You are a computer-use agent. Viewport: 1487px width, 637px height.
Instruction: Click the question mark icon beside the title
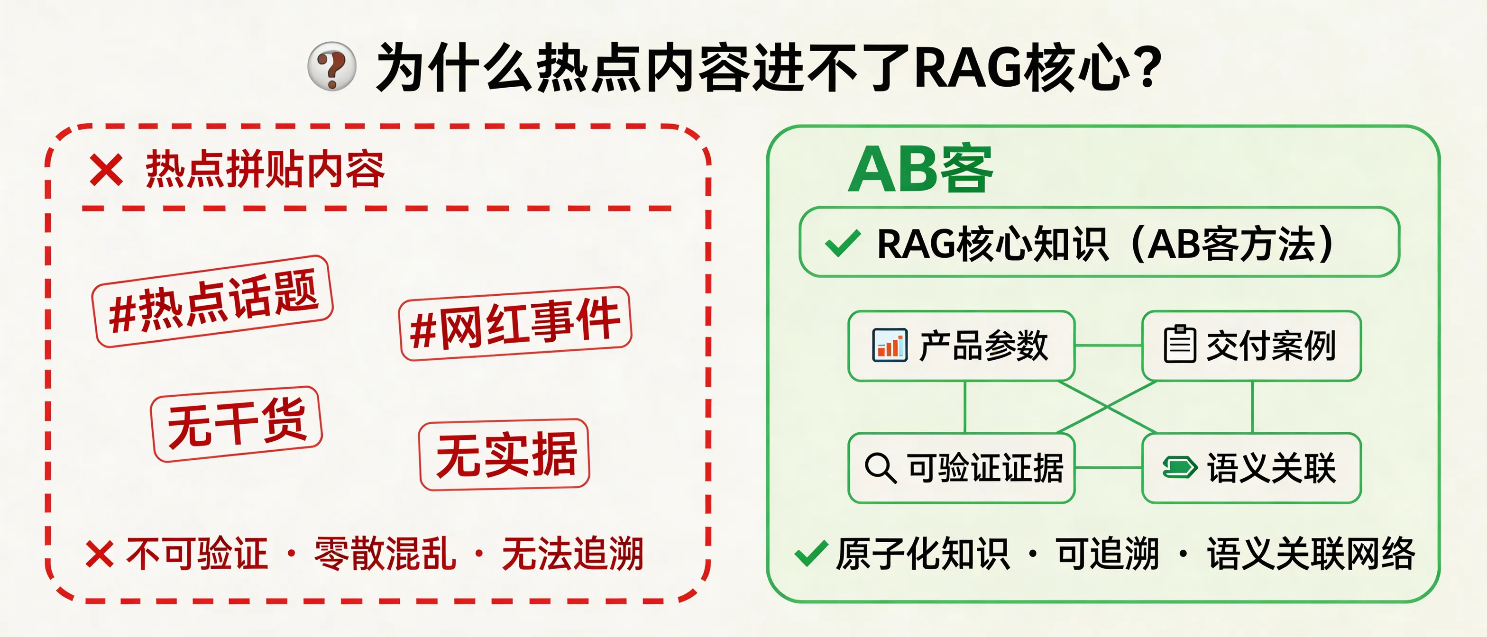click(331, 66)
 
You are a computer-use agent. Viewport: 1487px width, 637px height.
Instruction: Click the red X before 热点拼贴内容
click(106, 170)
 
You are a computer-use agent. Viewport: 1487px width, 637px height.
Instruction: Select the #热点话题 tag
click(213, 301)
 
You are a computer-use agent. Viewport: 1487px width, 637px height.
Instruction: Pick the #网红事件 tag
click(515, 323)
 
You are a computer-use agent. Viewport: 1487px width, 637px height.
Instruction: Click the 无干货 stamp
click(236, 424)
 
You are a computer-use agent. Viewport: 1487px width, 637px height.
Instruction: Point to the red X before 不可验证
click(99, 554)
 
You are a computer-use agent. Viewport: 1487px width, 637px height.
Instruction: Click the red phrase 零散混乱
click(385, 554)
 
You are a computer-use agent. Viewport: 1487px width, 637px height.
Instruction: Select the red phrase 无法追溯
click(573, 554)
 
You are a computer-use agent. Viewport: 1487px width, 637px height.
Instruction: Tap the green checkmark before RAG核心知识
click(843, 244)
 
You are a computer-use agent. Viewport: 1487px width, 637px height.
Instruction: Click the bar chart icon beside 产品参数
click(889, 345)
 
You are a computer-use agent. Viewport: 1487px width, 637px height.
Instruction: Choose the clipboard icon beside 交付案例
click(1179, 345)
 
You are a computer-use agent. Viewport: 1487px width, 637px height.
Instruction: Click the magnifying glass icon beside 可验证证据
click(881, 467)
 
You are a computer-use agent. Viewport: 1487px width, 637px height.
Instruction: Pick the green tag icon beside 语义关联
click(1179, 467)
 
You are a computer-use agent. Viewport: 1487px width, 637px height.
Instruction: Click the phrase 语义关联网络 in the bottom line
click(1310, 554)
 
